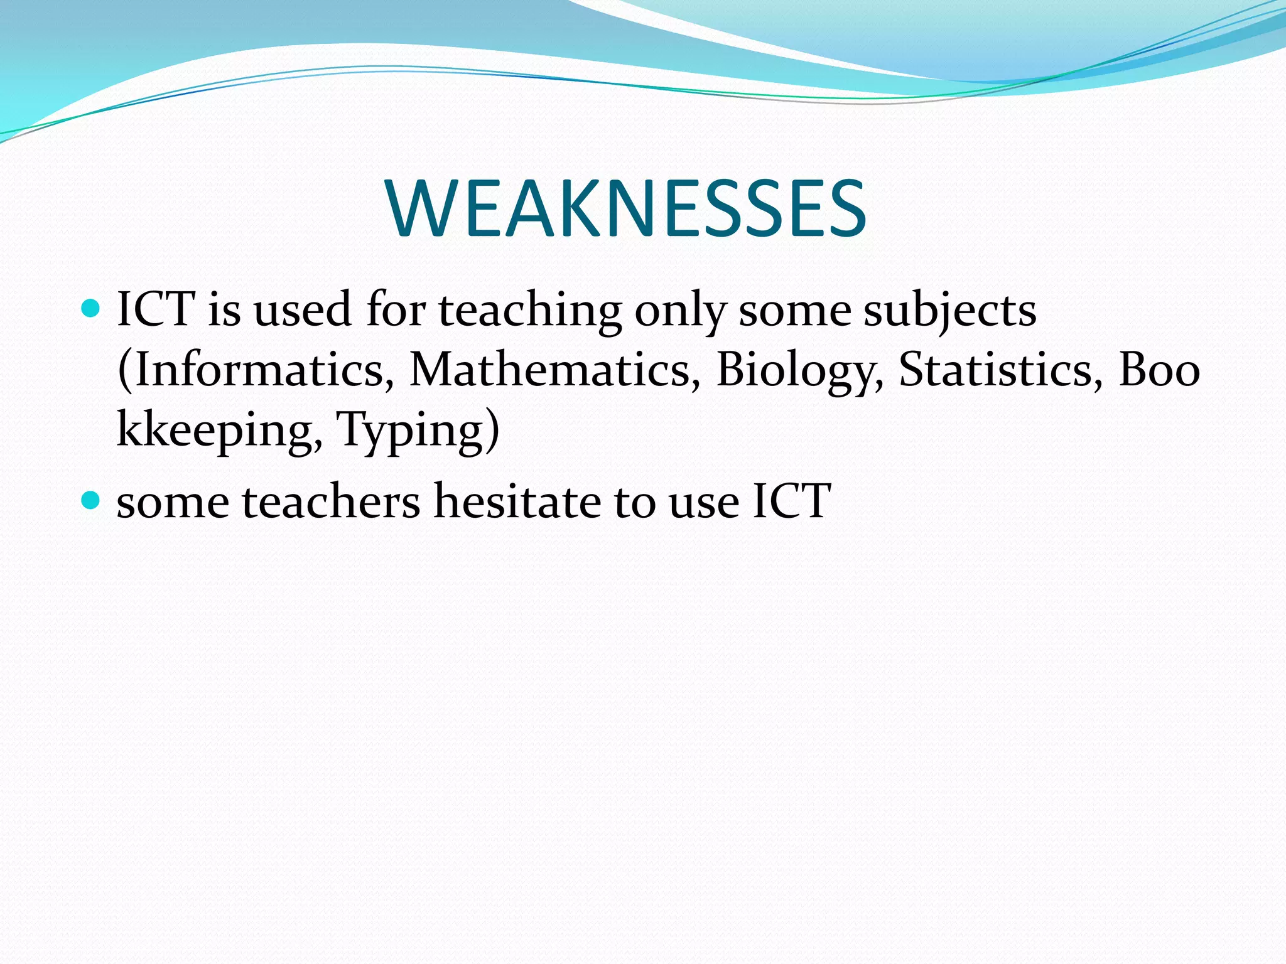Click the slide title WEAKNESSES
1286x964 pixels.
(x=627, y=208)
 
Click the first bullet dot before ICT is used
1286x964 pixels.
(x=91, y=308)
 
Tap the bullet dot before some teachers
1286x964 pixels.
(x=91, y=500)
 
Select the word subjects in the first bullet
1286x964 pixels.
(x=949, y=311)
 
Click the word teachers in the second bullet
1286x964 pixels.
(x=331, y=501)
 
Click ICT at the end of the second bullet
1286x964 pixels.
(x=791, y=501)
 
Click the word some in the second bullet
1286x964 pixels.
(x=173, y=502)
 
